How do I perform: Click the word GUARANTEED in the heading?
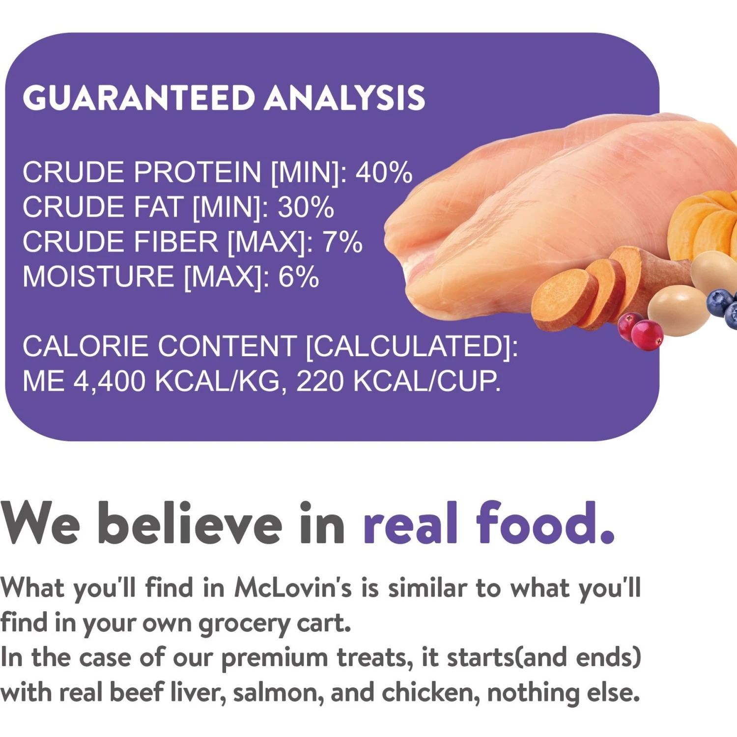coord(139,97)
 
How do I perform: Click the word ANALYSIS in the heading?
coord(345,97)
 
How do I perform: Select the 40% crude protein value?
coord(384,172)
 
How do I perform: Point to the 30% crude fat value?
coord(306,207)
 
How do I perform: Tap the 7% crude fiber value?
coord(342,242)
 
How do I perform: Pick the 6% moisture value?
coord(299,277)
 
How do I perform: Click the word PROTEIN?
coord(198,172)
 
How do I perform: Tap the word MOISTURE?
coord(98,277)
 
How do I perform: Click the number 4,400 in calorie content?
coord(110,381)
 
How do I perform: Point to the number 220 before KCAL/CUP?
coord(320,381)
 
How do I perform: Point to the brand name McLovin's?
coord(293,587)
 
